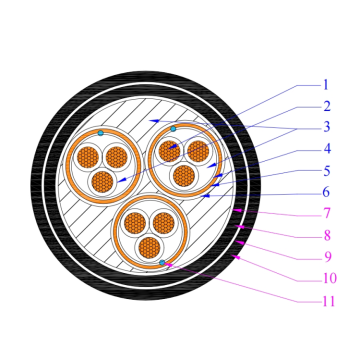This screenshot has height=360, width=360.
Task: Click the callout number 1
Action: point(325,85)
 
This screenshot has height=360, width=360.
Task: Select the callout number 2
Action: point(325,106)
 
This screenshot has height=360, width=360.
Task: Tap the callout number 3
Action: point(325,128)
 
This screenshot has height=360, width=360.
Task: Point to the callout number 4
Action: point(325,150)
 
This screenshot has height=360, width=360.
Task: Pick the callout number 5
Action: point(325,171)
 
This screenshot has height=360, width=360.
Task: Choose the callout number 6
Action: point(325,192)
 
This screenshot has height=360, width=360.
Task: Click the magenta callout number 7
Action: point(325,214)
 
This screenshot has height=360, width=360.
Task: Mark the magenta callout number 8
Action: point(325,235)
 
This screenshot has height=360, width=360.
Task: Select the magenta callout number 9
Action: point(325,257)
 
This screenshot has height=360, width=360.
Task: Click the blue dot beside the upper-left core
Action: point(101,132)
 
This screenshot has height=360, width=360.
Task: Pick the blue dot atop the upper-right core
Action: point(173,129)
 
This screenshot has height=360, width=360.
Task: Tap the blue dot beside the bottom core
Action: point(161,262)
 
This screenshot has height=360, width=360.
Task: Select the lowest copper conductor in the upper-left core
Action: point(101,181)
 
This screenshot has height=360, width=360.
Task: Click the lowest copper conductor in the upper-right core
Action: point(183,176)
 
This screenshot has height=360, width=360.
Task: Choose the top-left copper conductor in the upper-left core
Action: point(86,157)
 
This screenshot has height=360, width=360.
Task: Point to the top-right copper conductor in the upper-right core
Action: point(198,152)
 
